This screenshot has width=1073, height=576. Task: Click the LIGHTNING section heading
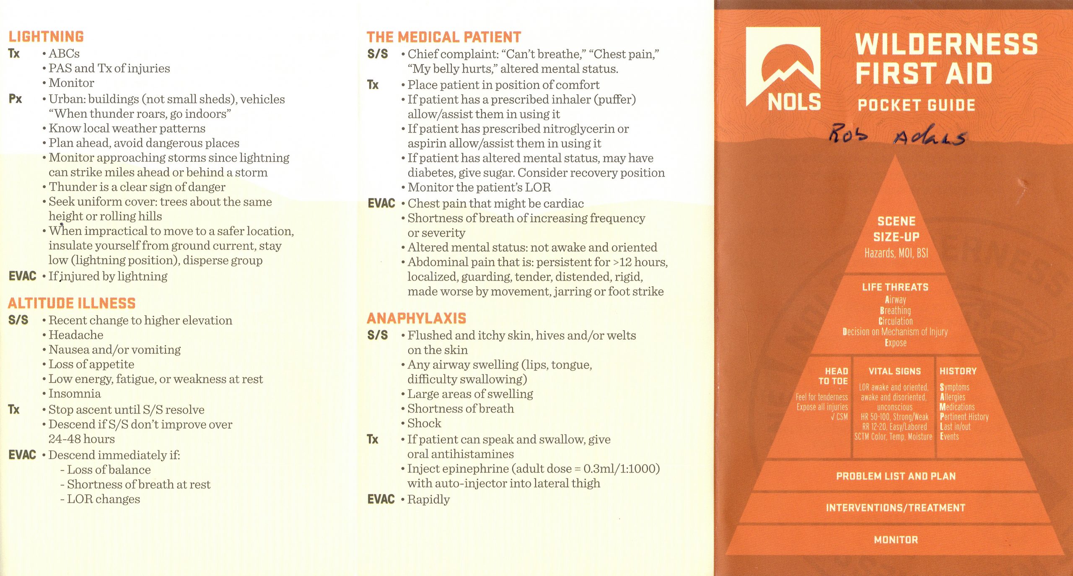click(46, 37)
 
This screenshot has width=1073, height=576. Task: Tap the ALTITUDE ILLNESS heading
click(72, 303)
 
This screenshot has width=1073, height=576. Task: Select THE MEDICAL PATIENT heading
click(443, 37)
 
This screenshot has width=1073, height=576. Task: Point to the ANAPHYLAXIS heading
click(416, 319)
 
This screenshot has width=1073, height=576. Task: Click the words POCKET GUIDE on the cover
click(916, 105)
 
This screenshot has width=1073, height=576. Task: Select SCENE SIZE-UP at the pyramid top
click(896, 229)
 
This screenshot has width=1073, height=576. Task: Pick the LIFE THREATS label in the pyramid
click(895, 287)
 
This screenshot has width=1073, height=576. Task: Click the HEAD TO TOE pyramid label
click(833, 376)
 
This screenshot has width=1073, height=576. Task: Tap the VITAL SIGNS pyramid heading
click(894, 371)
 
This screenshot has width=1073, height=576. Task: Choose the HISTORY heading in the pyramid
click(958, 371)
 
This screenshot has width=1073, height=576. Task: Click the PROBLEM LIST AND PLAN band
click(896, 476)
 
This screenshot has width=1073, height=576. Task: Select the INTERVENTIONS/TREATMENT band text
click(895, 508)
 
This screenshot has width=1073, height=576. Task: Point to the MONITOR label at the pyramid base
click(896, 540)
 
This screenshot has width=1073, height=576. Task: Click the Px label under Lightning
click(15, 99)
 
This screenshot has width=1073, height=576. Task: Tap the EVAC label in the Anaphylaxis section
click(381, 499)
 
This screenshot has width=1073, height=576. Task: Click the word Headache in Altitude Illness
click(76, 335)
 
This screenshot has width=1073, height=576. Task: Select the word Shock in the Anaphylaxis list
click(424, 423)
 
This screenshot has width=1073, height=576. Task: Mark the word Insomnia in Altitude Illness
click(75, 394)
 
